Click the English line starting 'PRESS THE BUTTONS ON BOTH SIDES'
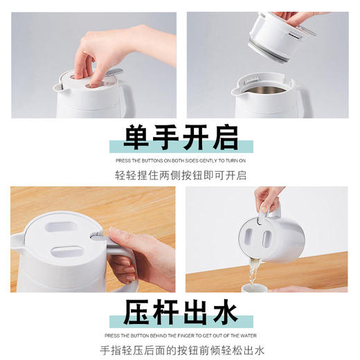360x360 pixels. click(180, 161)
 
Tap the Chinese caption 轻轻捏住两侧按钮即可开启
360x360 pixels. click(180, 175)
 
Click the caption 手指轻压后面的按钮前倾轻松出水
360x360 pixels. click(180, 350)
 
